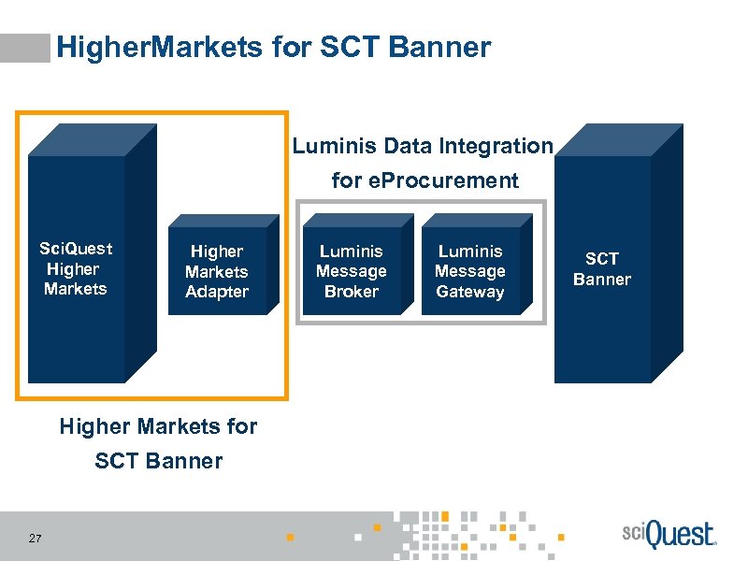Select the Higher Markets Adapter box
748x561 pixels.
coord(217,271)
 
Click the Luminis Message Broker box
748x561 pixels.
coord(351,271)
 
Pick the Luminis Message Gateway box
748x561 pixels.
coord(469,271)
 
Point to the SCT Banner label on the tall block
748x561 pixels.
coord(601,269)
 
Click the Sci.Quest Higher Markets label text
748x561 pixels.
coord(76,268)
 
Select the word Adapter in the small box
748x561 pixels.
coord(217,292)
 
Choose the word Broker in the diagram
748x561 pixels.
coord(351,292)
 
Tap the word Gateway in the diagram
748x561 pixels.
coord(469,292)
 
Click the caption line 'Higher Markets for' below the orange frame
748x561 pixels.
coord(158,426)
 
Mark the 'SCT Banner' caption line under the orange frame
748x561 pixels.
coord(158,460)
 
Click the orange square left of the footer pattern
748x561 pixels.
coord(290,538)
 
